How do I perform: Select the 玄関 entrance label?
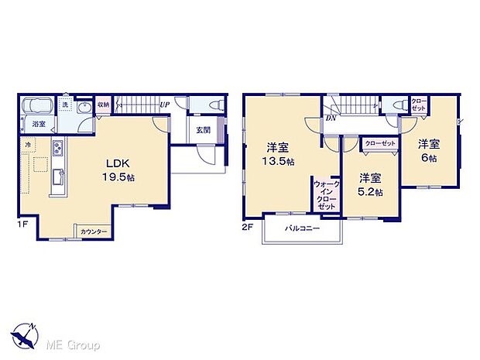point(203,129)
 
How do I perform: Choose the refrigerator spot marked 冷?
point(28,145)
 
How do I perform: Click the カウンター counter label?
point(94,231)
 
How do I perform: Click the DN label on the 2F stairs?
point(331,118)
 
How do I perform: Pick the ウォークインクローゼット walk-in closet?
point(325,196)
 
